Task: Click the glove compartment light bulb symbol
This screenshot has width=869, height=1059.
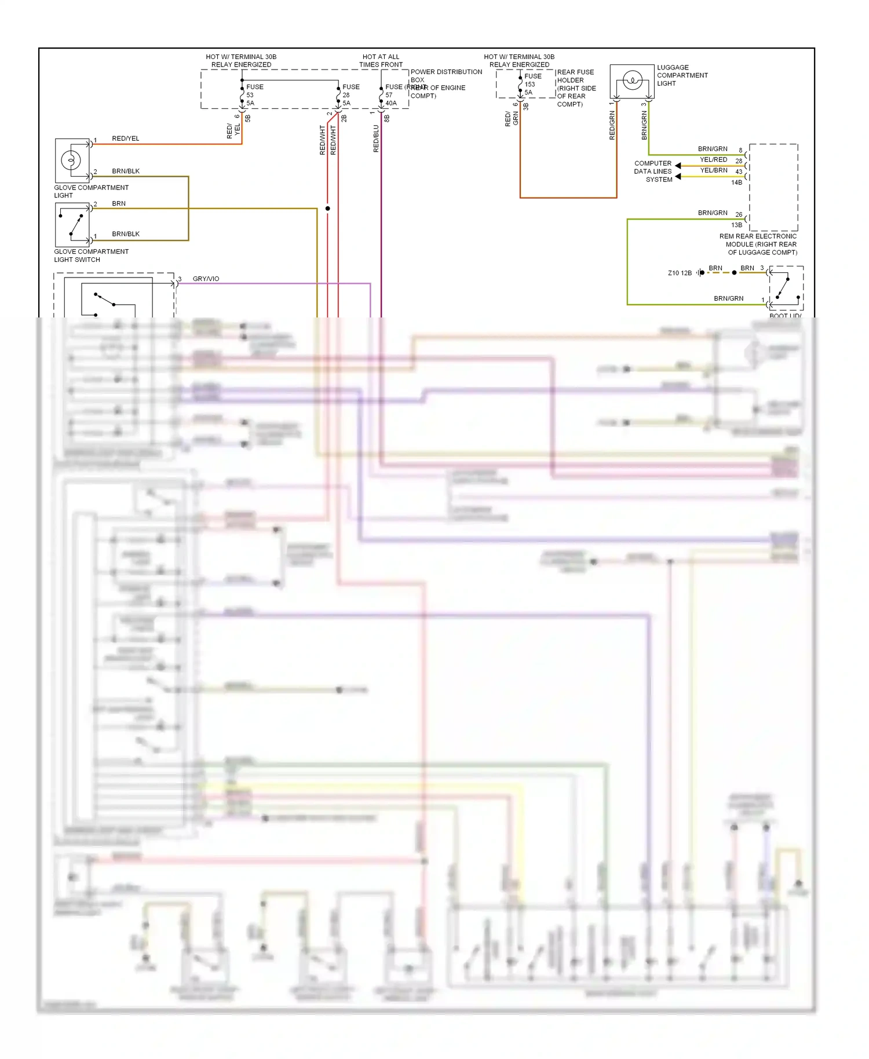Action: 71,159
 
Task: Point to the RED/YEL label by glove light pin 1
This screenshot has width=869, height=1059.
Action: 126,138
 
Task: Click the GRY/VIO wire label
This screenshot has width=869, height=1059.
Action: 206,279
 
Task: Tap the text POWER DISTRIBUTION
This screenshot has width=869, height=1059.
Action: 446,72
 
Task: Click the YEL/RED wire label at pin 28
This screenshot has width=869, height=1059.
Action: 713,159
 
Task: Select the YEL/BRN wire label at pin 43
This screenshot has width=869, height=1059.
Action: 713,170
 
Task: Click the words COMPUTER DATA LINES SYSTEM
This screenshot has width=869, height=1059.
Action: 653,171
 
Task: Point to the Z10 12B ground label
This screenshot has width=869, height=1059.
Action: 680,273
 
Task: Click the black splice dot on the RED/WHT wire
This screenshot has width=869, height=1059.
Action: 327,208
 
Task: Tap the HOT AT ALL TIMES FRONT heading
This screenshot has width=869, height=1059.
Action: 381,61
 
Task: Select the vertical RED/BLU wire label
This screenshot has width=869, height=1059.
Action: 376,139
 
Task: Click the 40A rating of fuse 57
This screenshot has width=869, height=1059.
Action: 391,103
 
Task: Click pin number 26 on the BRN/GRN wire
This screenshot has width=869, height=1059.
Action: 739,214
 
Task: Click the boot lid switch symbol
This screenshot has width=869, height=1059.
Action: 786,288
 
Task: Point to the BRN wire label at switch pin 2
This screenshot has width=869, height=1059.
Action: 119,203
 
